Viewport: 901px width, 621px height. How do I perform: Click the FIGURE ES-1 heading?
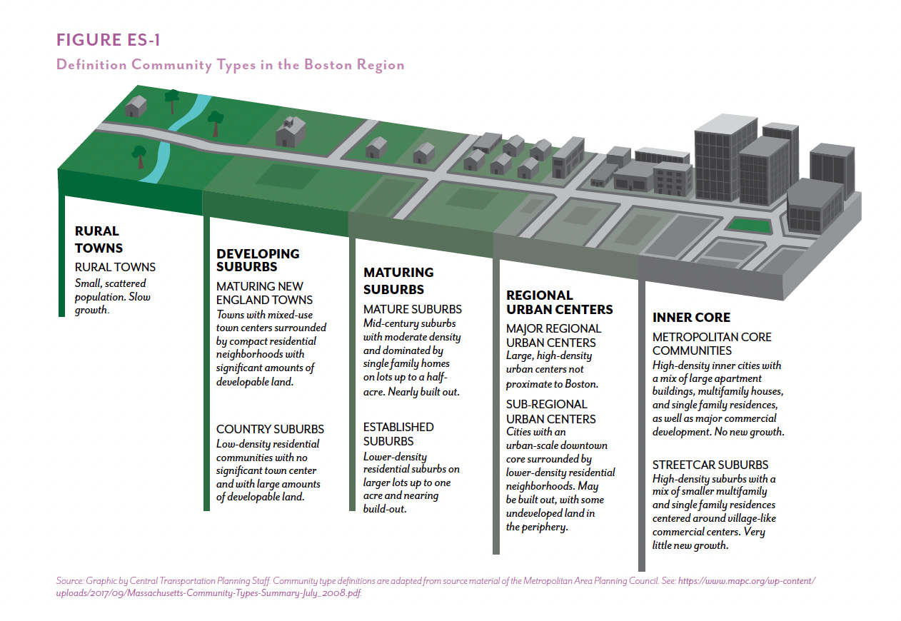[108, 39]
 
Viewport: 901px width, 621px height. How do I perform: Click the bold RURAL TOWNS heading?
[99, 240]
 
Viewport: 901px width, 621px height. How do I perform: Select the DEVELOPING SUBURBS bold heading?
[258, 260]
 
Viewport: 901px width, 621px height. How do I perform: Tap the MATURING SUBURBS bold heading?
[398, 281]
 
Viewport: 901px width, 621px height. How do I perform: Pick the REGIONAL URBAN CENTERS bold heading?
[559, 302]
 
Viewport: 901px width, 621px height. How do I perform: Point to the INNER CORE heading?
[691, 317]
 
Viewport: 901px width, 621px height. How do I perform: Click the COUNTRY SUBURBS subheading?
[270, 429]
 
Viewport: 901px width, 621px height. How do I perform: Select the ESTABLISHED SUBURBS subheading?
[398, 434]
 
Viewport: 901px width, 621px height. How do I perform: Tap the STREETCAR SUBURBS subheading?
[710, 465]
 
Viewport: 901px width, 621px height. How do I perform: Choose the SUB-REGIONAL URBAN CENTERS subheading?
[550, 411]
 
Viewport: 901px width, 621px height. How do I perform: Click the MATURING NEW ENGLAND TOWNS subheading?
[264, 293]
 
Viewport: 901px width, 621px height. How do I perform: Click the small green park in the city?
[749, 226]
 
